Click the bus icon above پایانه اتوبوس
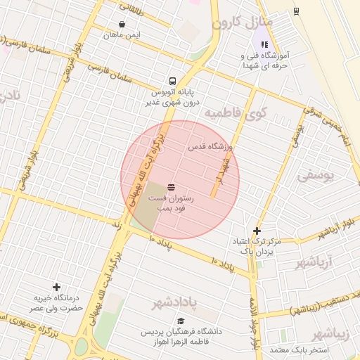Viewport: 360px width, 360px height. tap(172, 80)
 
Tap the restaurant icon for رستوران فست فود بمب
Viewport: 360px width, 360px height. tap(172, 187)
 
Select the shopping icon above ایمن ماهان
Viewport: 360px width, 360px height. tap(122, 24)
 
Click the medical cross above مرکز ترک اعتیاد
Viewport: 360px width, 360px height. tap(257, 231)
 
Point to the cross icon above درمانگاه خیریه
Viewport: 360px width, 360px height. tap(56, 287)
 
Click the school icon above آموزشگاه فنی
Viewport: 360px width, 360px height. tap(264, 44)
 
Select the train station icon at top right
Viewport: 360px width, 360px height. tap(296, 11)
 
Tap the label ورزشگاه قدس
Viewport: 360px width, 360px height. tap(207, 148)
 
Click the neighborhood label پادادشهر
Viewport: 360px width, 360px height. tap(181, 304)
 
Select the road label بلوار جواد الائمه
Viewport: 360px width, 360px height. tap(252, 323)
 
